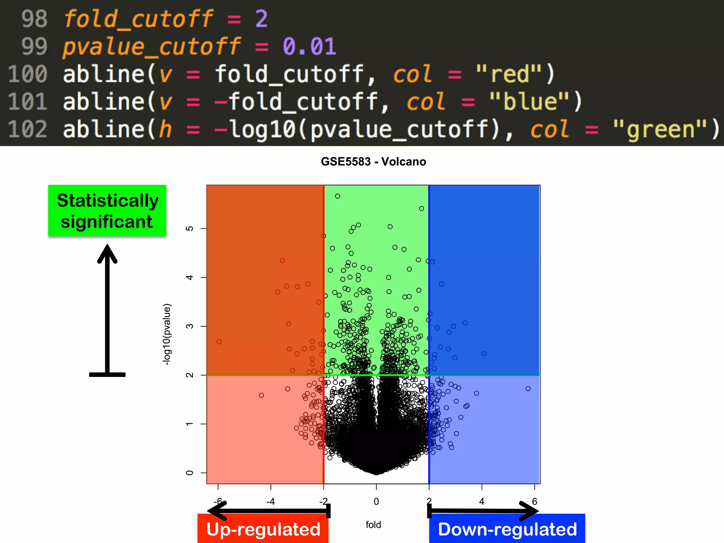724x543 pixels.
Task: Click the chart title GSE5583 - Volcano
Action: (373, 162)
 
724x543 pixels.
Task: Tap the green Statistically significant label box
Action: (107, 211)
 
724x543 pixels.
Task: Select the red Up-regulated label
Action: (263, 529)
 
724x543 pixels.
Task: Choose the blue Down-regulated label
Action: (507, 529)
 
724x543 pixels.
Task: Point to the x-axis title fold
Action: (373, 525)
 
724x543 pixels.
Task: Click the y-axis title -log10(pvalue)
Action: (167, 334)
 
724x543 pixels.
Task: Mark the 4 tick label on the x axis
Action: (481, 501)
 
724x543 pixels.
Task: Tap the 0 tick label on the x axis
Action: (376, 501)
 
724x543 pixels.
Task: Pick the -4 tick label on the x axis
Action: (270, 501)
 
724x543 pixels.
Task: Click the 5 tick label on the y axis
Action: (189, 228)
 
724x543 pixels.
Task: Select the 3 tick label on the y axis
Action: (189, 326)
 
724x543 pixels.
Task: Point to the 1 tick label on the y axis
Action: (189, 424)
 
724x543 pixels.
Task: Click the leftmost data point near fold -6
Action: (219, 342)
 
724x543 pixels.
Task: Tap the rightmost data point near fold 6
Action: (528, 389)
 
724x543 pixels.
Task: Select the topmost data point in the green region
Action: (338, 196)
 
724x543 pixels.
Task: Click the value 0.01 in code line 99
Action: (309, 46)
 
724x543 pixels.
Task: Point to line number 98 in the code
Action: (34, 19)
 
